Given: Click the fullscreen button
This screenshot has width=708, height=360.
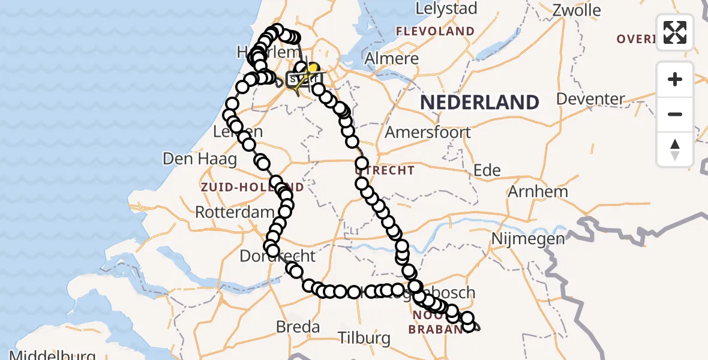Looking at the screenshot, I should click(675, 32).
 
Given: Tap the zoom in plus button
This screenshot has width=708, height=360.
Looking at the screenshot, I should click(675, 79).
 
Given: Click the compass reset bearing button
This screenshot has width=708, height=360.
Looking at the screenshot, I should click(675, 149).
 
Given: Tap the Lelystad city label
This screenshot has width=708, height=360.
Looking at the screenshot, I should click(448, 8).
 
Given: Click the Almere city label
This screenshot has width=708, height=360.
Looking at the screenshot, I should click(392, 59).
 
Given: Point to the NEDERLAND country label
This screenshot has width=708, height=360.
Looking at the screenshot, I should click(479, 102).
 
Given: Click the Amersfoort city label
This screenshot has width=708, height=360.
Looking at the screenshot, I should click(427, 132).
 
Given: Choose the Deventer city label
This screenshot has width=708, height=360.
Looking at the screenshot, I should click(591, 98).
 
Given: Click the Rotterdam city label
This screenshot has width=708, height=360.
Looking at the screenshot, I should click(235, 212).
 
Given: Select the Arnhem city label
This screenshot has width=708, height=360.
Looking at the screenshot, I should click(538, 192).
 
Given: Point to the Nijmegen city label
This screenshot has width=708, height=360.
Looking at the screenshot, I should click(520, 239).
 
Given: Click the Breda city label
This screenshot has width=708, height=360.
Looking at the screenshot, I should click(298, 327).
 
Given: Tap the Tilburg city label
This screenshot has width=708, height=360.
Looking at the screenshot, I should click(364, 338).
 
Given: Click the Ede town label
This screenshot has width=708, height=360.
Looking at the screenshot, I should click(487, 170).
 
